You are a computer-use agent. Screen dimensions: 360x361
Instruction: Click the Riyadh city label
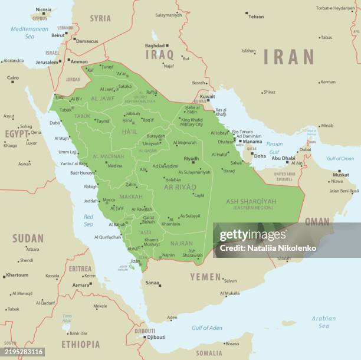tap(191, 158)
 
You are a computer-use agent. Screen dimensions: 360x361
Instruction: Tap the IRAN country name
tap(288, 57)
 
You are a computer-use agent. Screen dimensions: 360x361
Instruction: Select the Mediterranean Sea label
tap(29, 32)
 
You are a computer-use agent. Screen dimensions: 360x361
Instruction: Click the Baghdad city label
tap(155, 45)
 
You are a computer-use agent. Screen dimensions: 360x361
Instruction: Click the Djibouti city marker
tap(145, 337)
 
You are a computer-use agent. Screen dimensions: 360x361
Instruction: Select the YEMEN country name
tap(205, 277)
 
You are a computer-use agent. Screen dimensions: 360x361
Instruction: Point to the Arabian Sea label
tap(324, 322)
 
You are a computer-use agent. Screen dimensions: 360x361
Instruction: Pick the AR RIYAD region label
tap(180, 187)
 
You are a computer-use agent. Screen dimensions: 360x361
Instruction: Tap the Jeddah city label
tap(91, 201)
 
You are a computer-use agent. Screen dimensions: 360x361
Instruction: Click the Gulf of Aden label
tap(206, 328)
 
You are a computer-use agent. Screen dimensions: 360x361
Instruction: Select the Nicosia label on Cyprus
tap(43, 9)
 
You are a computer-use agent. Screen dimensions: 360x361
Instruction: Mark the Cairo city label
tap(12, 78)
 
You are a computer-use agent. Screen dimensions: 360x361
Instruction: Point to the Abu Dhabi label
tap(284, 158)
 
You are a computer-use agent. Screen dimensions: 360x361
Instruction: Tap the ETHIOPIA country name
tap(80, 344)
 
